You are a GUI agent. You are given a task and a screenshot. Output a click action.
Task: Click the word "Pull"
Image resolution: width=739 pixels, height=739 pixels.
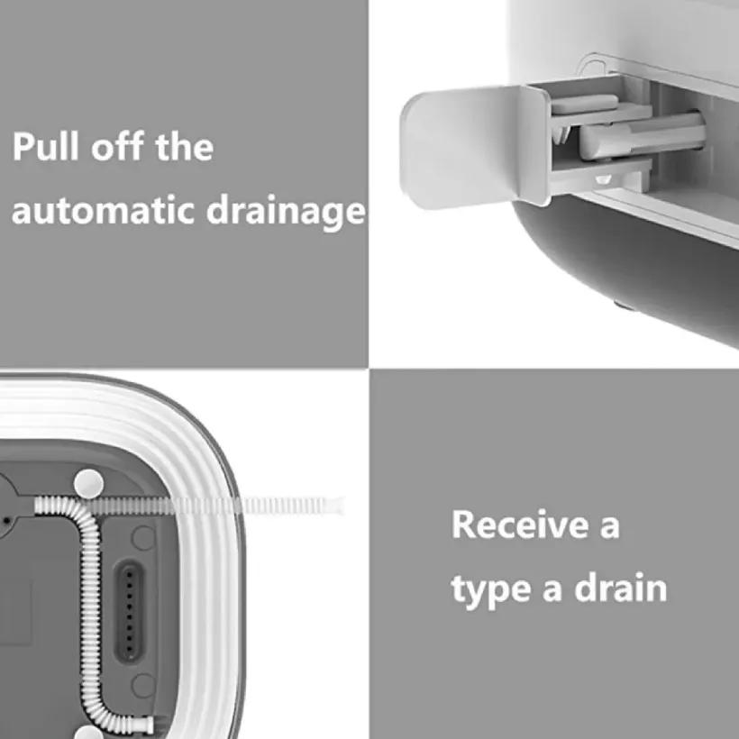point(45,147)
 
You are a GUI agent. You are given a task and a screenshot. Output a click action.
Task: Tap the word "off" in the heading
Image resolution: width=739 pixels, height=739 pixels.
point(117,147)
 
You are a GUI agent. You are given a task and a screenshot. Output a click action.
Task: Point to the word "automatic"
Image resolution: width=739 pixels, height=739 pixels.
point(103,211)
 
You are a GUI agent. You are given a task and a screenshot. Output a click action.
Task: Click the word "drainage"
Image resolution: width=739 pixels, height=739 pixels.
point(286,212)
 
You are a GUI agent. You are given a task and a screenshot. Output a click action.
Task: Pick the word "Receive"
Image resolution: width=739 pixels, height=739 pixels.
point(520,524)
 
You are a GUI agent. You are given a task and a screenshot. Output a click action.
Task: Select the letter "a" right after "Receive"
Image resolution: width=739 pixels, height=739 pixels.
point(610,528)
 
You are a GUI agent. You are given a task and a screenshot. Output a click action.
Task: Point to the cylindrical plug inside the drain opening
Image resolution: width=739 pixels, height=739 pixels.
point(642,136)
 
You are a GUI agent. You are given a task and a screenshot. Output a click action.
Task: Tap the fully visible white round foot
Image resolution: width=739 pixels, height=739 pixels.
point(89,484)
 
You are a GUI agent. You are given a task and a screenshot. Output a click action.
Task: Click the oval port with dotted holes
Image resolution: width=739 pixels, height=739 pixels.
point(130,611)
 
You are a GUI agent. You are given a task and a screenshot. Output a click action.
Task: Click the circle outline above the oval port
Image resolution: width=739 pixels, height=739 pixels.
point(142,538)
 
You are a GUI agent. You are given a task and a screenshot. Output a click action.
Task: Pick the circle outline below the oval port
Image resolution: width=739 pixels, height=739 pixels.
point(142,686)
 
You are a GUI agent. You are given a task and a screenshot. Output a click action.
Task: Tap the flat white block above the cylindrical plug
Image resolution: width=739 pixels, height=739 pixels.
point(584,105)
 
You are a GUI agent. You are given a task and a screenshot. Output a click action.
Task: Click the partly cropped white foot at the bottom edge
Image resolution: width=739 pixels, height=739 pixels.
point(88,733)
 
